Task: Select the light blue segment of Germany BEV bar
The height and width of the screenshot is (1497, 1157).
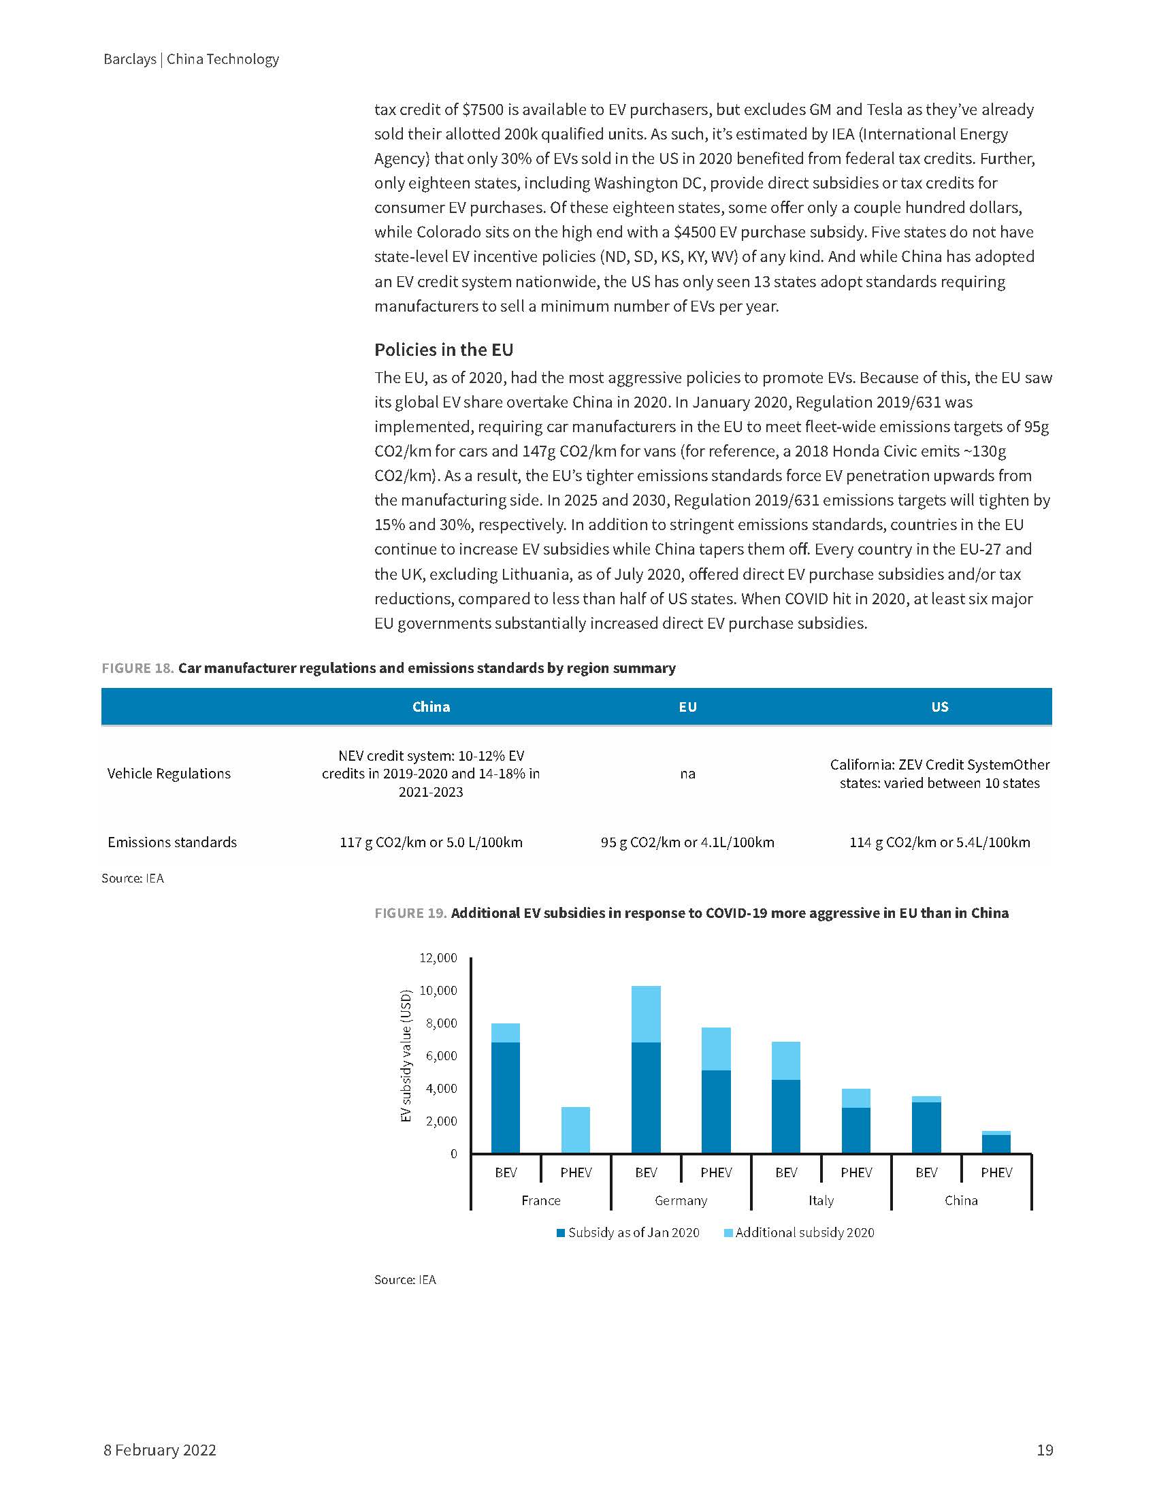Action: click(646, 1014)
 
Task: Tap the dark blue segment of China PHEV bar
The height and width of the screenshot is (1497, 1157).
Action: click(996, 1144)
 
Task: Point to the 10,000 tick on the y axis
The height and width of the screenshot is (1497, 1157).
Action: click(439, 991)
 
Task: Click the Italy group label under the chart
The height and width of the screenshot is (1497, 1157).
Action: click(821, 1200)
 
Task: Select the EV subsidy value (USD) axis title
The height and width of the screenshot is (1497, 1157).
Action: click(406, 1055)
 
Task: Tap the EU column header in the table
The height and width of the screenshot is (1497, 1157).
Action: click(687, 707)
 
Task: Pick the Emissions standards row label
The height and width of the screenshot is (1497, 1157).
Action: click(172, 842)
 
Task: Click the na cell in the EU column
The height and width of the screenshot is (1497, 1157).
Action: click(687, 773)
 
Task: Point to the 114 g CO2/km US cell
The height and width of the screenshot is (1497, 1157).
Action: click(939, 842)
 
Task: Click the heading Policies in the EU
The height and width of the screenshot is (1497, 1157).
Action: click(444, 350)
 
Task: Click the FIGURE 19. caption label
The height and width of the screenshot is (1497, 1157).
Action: click(410, 913)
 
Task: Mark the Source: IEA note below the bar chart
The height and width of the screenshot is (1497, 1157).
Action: click(405, 1279)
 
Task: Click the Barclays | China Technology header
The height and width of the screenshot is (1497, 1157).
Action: click(191, 59)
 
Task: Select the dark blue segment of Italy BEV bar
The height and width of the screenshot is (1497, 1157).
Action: click(785, 1117)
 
